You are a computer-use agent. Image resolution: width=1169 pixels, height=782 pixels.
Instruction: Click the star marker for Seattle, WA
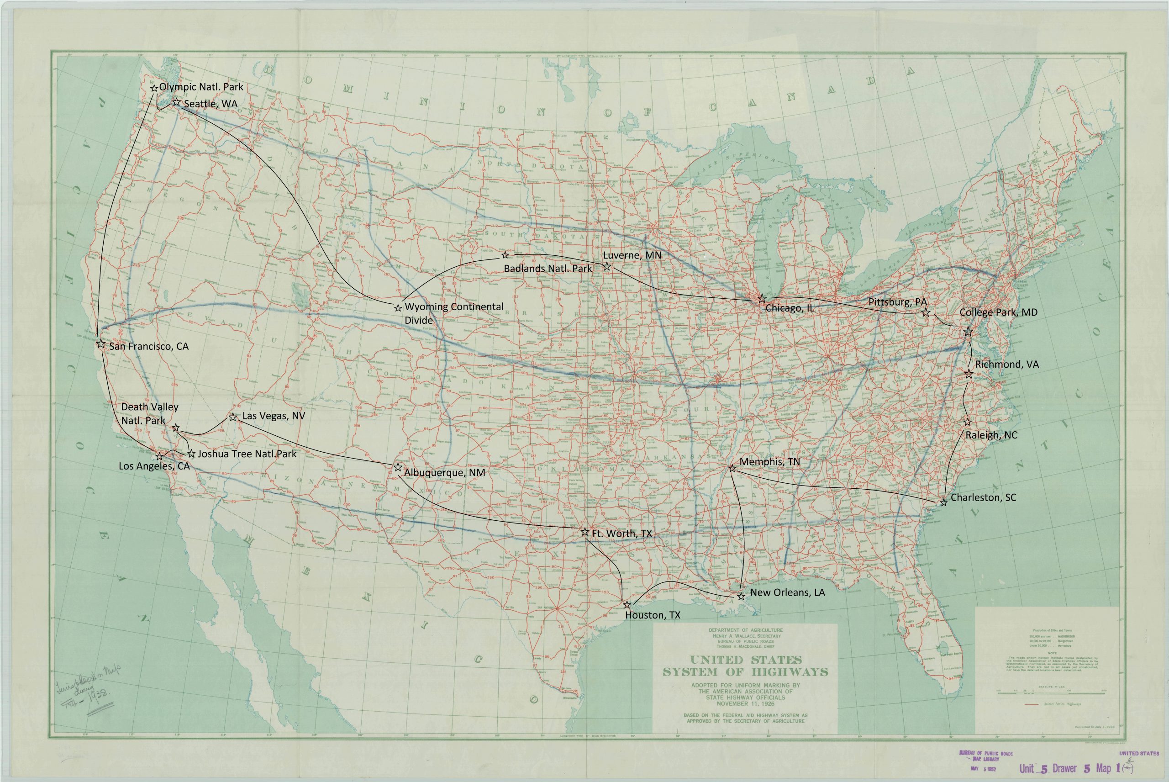pyautogui.click(x=176, y=102)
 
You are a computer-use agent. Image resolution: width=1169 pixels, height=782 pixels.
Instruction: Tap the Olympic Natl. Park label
pyautogui.click(x=201, y=87)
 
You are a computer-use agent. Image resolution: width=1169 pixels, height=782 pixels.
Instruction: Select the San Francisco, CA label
pyautogui.click(x=148, y=346)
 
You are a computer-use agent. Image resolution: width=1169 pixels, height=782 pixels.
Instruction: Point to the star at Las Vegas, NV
pyautogui.click(x=233, y=417)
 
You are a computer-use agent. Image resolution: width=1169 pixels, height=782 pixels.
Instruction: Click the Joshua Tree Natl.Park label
pyautogui.click(x=247, y=454)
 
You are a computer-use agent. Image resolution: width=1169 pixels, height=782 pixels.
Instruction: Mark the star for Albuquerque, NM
pyautogui.click(x=398, y=467)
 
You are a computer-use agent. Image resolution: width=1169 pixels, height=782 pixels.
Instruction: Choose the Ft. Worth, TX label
pyautogui.click(x=621, y=534)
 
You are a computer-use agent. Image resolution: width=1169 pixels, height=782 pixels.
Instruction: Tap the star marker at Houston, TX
pyautogui.click(x=627, y=604)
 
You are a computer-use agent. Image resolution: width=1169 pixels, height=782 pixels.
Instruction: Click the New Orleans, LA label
pyautogui.click(x=787, y=593)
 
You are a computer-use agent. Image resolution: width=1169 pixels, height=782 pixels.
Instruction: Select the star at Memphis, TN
pyautogui.click(x=732, y=468)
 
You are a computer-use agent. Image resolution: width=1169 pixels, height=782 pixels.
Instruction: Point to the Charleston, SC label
pyautogui.click(x=983, y=498)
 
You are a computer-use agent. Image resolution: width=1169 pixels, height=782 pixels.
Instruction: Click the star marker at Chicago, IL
pyautogui.click(x=762, y=299)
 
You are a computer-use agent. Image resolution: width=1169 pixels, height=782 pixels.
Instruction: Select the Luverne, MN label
pyautogui.click(x=632, y=255)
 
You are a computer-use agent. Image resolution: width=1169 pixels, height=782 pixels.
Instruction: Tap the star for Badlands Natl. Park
pyautogui.click(x=505, y=255)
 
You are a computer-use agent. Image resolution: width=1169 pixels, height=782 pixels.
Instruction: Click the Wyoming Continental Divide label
pyautogui.click(x=453, y=313)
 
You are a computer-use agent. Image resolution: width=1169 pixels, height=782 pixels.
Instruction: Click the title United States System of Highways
pyautogui.click(x=745, y=666)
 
